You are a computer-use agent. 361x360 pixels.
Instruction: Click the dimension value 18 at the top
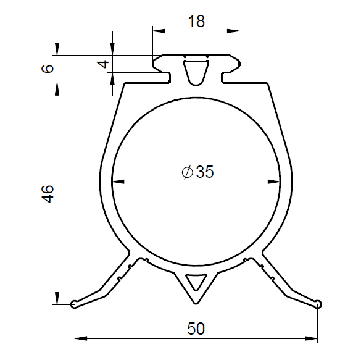tap(196, 21)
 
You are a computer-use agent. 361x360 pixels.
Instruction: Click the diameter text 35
tap(204, 172)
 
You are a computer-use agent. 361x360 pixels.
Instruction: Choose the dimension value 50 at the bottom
tap(196, 329)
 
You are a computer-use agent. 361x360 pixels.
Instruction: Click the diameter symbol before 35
tap(188, 172)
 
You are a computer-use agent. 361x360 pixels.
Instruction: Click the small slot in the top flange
tap(196, 72)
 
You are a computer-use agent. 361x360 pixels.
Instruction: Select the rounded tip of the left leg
tap(75, 304)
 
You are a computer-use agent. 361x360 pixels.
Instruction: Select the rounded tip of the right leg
tap(318, 303)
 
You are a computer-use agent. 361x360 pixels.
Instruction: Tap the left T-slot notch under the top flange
tap(166, 76)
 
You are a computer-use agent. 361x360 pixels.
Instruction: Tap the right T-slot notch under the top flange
tap(226, 76)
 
